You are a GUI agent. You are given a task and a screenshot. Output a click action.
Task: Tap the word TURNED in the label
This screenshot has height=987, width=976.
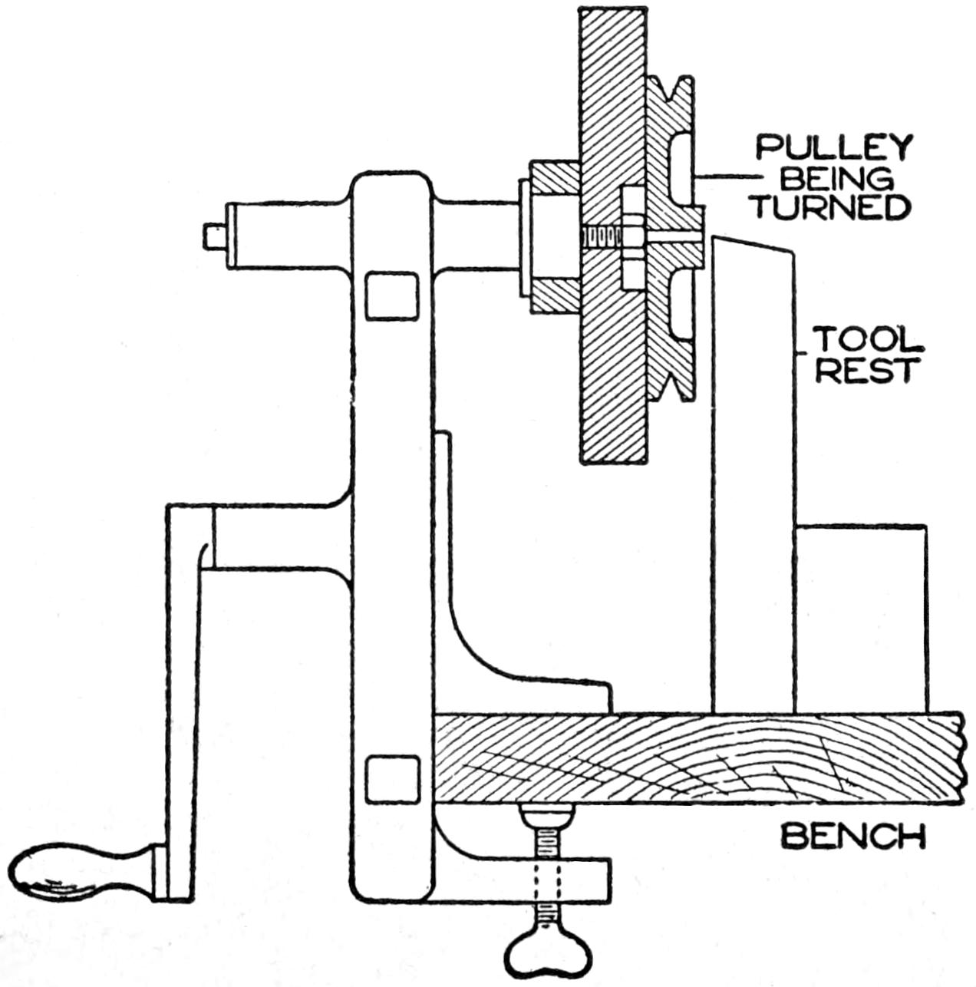tap(831, 207)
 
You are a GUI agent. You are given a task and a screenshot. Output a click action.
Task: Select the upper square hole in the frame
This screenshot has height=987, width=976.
tap(392, 297)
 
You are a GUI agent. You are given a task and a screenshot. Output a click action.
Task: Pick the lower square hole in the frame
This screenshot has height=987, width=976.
tap(392, 777)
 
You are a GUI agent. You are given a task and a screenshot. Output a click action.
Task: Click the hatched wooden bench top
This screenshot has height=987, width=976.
tap(691, 758)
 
